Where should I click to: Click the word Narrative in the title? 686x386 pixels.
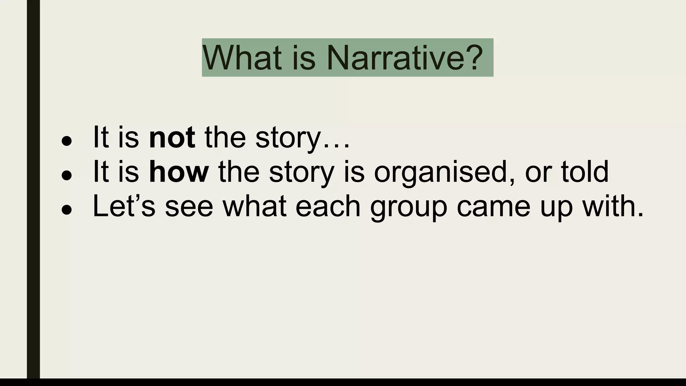(x=395, y=58)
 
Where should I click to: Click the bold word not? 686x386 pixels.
(x=172, y=137)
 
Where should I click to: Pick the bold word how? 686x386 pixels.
(x=179, y=172)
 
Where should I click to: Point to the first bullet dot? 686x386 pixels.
(x=67, y=141)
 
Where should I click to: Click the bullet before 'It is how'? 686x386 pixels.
(x=67, y=175)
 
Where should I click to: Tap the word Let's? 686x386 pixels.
(x=124, y=206)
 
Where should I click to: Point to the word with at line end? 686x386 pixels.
(x=613, y=206)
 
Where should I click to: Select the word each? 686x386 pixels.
(x=328, y=206)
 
